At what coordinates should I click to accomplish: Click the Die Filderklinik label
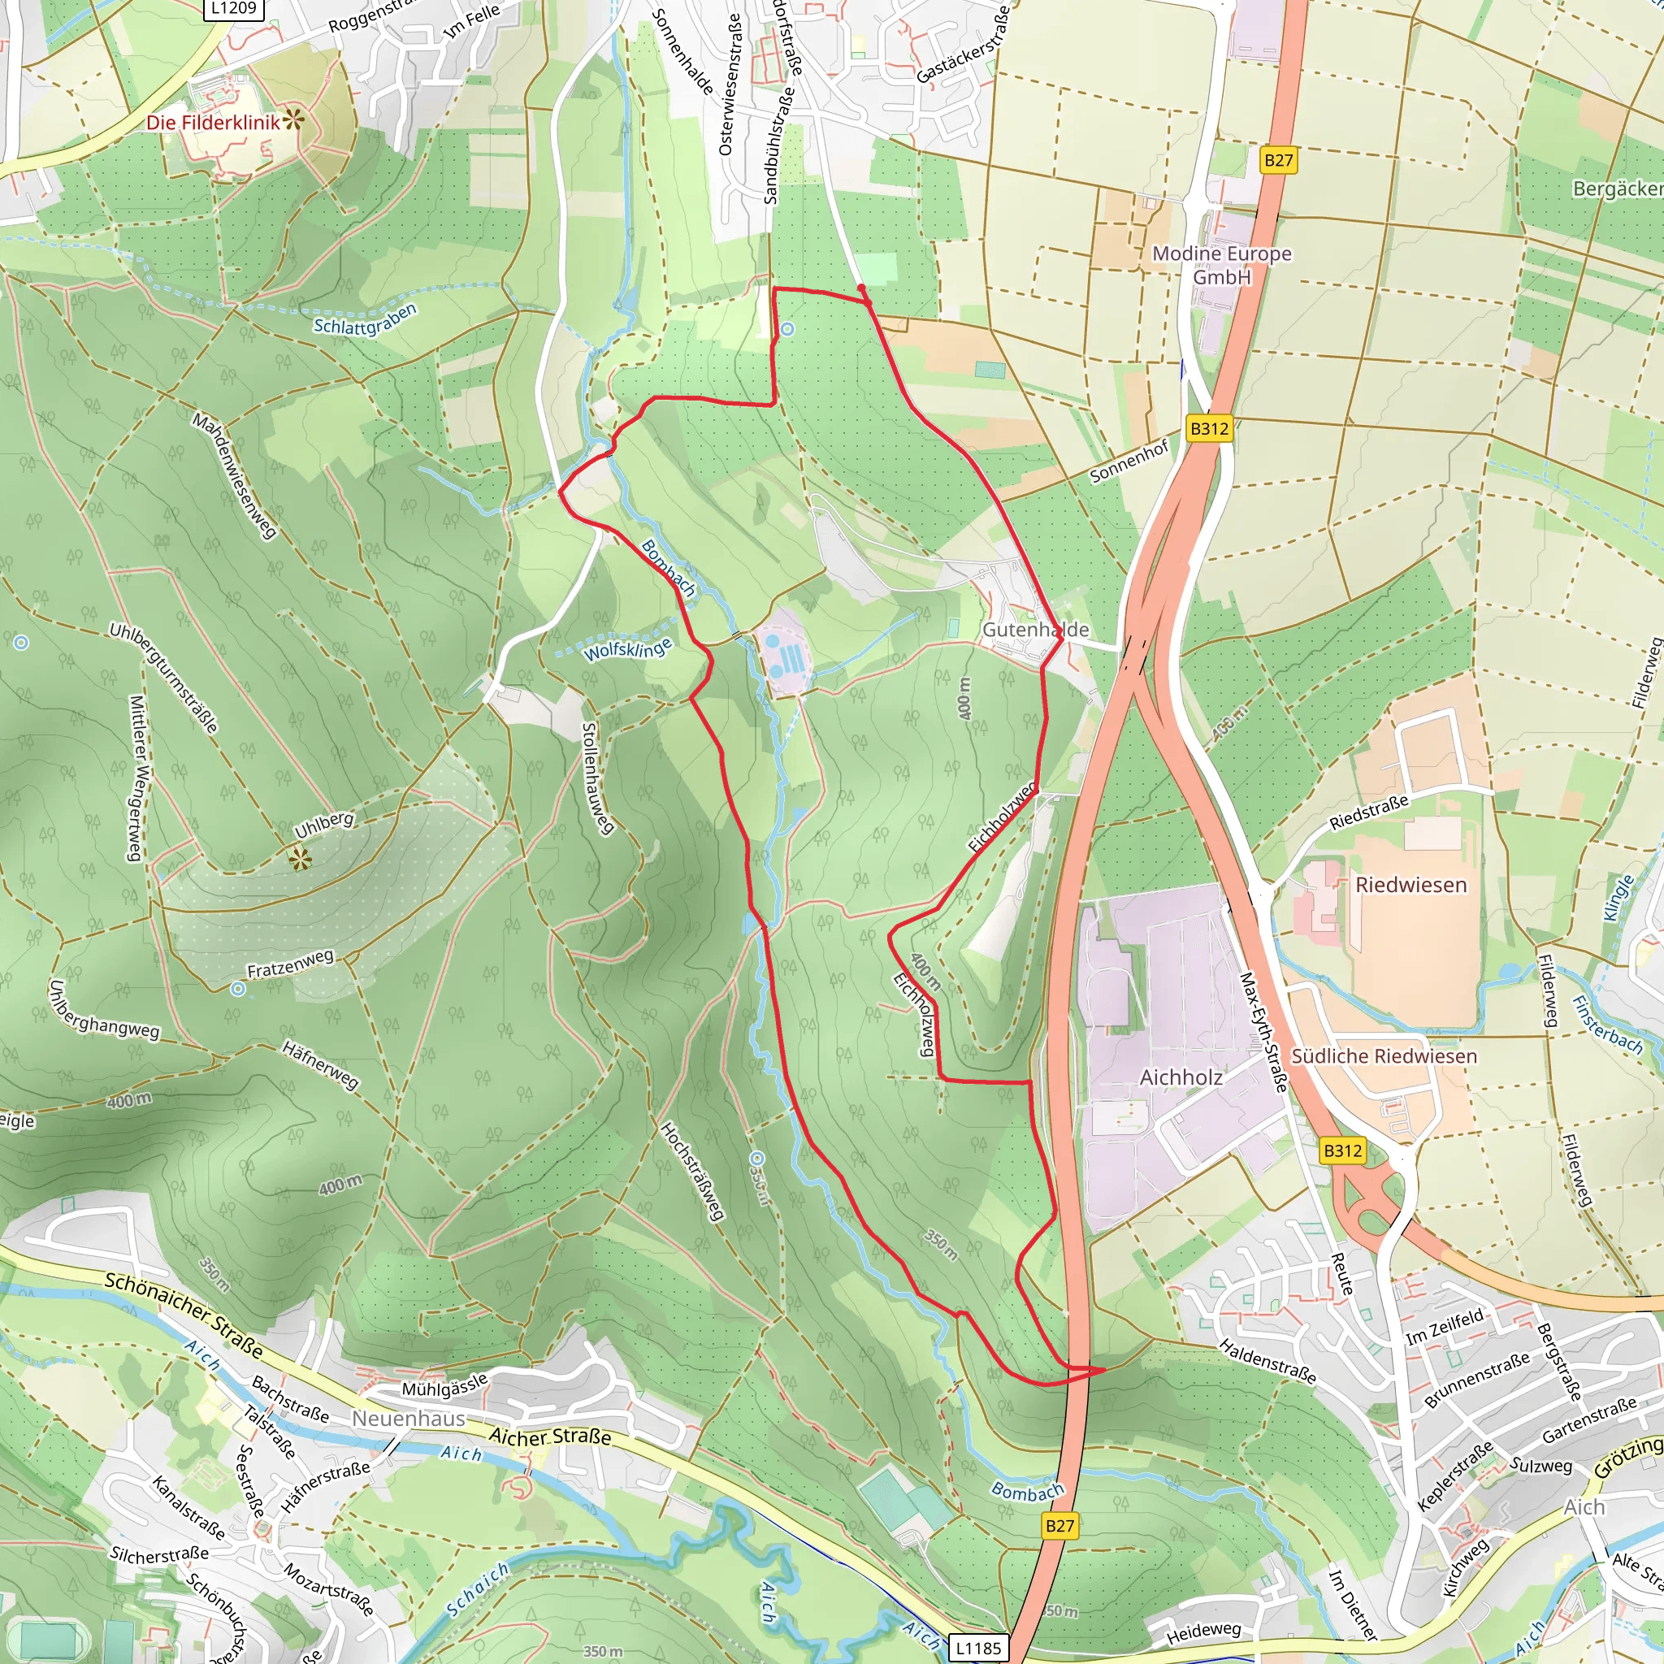coord(213,123)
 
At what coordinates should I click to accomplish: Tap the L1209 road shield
coord(233,9)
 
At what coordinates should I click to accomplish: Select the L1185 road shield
coord(978,1649)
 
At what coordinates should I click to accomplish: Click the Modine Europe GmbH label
coord(1221,264)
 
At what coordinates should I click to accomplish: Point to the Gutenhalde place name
coord(1035,630)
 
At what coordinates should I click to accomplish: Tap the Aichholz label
coord(1180,1077)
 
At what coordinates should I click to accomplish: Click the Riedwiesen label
coord(1410,885)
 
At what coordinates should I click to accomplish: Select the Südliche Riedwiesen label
coord(1383,1056)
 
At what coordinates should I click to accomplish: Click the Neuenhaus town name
coord(408,1419)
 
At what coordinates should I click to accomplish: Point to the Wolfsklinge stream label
coord(627,648)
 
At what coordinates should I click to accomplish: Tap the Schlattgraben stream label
coord(365,319)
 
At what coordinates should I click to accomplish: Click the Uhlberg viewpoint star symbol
coord(299,858)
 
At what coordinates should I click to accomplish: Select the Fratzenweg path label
coord(290,964)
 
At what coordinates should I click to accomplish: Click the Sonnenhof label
coord(1129,461)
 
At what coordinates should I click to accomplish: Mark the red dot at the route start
coord(861,288)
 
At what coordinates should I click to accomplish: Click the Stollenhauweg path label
coord(597,778)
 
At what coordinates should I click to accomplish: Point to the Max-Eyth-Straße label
coord(1262,1033)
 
